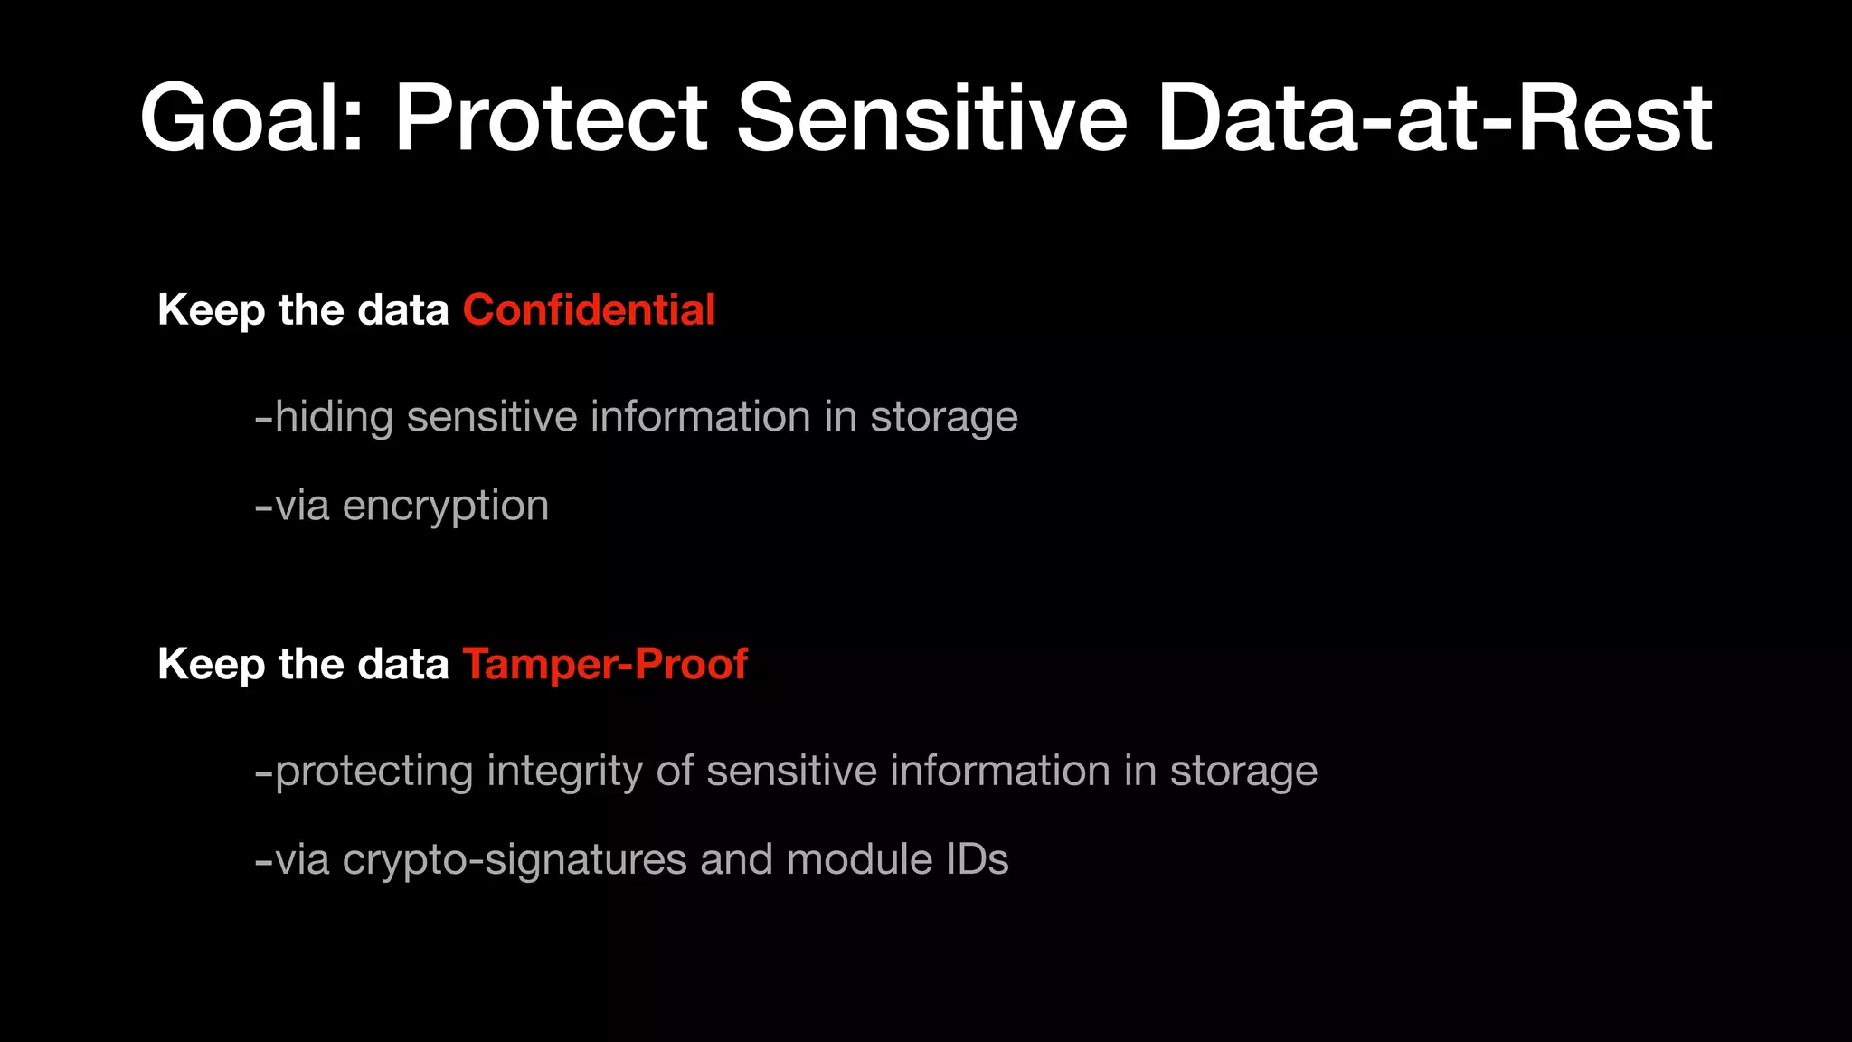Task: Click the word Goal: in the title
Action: point(251,118)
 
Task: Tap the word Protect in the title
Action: point(551,118)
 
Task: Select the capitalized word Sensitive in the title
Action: point(931,118)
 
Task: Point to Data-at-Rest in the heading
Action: point(1434,118)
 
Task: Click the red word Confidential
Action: point(589,310)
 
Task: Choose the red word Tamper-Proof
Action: point(605,665)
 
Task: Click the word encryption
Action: point(446,506)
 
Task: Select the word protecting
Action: point(373,772)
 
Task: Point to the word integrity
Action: point(564,772)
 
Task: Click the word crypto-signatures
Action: point(515,859)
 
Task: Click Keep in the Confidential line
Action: point(211,310)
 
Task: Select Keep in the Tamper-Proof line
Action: point(211,665)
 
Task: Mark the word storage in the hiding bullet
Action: point(944,417)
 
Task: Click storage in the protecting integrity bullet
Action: point(1243,772)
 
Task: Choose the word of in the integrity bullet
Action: point(675,772)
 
